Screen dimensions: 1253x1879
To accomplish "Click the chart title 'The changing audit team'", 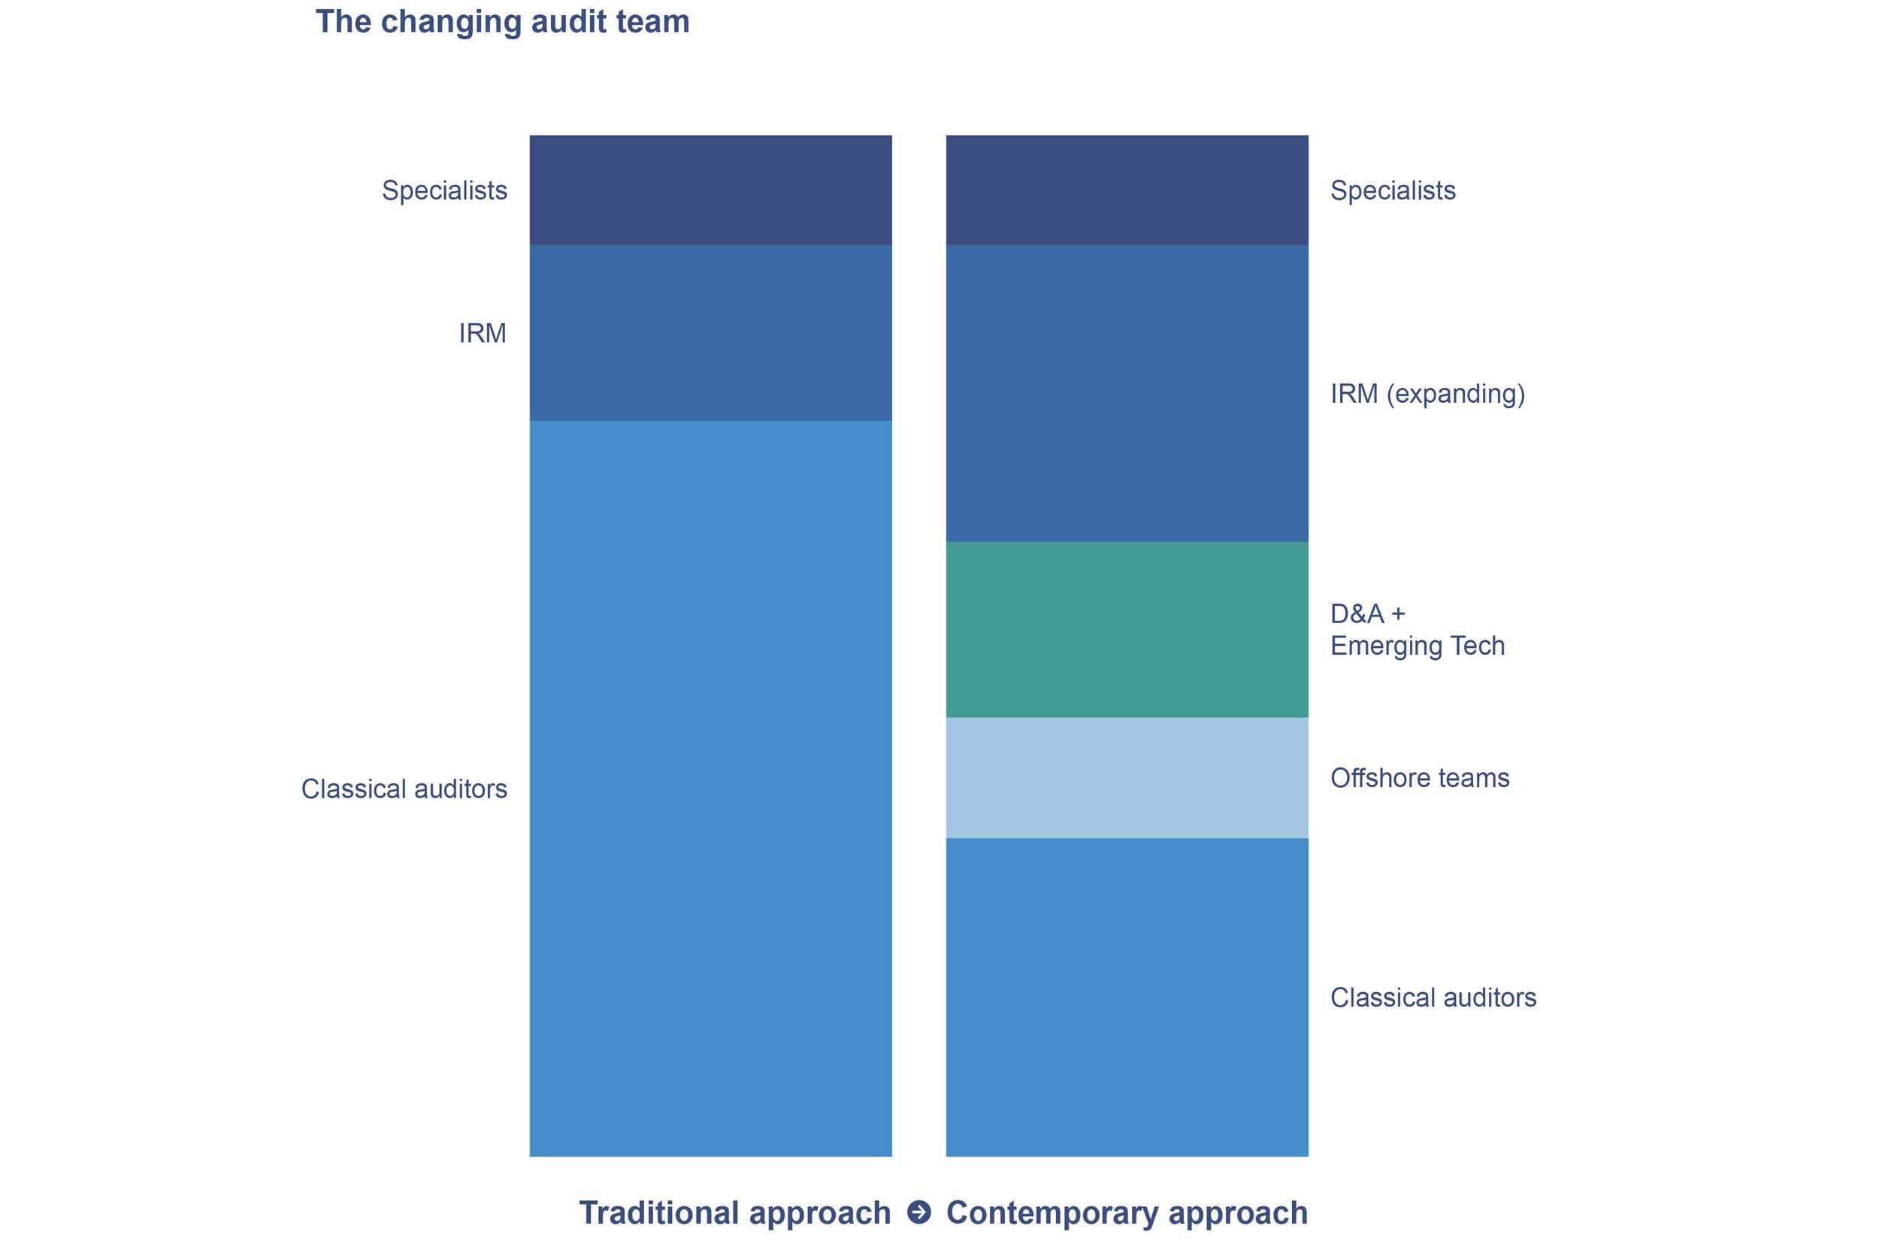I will click(503, 22).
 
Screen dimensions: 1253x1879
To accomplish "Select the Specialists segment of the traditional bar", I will click(710, 190).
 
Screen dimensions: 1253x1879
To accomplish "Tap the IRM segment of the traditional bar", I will click(710, 332).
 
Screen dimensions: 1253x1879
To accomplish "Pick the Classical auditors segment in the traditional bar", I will click(710, 788).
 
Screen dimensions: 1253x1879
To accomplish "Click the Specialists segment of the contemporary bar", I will click(1127, 190).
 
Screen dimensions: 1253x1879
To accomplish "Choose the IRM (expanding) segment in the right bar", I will click(1127, 393).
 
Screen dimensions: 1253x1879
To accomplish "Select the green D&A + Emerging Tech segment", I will click(1127, 630).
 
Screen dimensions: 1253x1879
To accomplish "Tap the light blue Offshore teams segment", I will click(1127, 777).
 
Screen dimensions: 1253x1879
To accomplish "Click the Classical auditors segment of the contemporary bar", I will click(1127, 997).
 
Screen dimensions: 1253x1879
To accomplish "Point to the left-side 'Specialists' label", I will click(444, 191).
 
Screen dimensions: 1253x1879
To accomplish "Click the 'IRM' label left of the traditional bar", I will click(483, 333).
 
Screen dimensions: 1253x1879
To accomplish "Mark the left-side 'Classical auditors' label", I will click(404, 789).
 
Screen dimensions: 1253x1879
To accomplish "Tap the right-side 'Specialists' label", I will click(1393, 191).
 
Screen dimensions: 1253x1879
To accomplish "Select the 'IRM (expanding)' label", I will click(1427, 394).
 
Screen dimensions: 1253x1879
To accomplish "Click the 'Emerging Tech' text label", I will click(1418, 646).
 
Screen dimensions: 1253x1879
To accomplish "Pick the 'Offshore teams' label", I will click(1420, 778).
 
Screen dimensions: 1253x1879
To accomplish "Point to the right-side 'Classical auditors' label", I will click(1433, 998).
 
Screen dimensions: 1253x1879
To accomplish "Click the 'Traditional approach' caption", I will click(734, 1213).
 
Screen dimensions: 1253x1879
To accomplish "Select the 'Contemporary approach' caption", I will click(1127, 1213).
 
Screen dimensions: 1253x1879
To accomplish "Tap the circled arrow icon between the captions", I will click(918, 1212).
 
